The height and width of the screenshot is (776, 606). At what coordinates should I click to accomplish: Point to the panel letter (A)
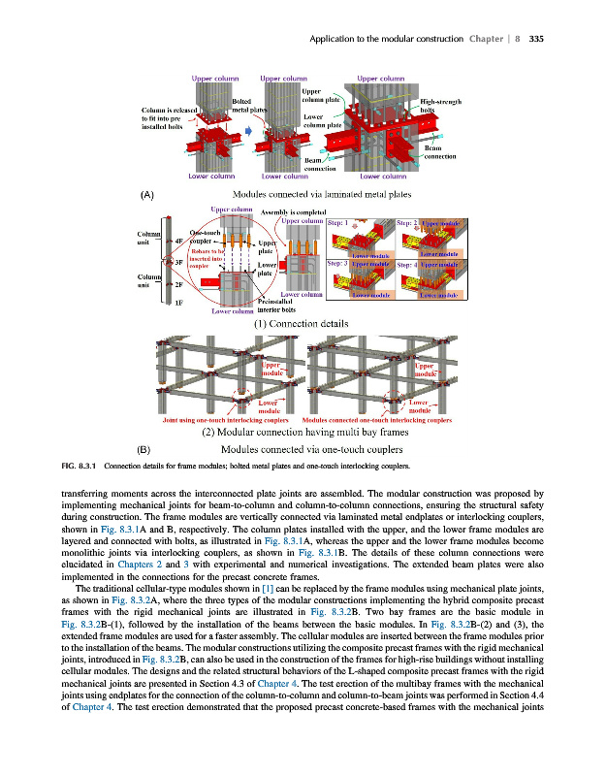pos(147,195)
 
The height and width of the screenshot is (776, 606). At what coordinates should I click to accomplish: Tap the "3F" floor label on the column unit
pos(178,262)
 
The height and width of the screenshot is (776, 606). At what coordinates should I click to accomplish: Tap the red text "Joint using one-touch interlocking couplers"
pos(229,419)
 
